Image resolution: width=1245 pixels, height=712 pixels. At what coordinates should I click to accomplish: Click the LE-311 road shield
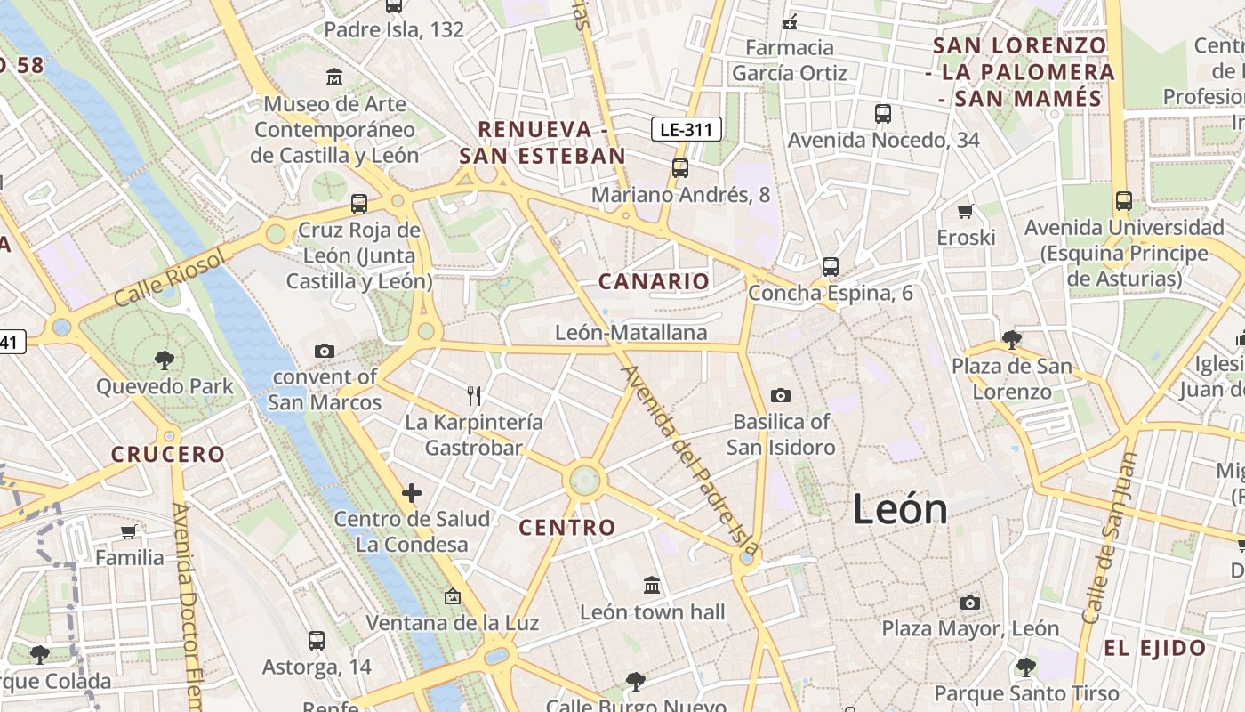click(x=686, y=129)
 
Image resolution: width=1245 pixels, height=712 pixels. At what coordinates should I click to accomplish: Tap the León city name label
click(x=900, y=509)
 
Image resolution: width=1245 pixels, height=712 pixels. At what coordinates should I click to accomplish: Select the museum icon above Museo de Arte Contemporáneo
click(x=334, y=77)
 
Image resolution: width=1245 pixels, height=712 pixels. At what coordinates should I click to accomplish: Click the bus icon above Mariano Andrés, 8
click(x=680, y=167)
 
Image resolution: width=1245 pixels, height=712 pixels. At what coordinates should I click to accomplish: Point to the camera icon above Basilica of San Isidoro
click(x=781, y=395)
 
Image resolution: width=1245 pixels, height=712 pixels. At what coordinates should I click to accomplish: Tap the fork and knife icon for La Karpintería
click(x=474, y=396)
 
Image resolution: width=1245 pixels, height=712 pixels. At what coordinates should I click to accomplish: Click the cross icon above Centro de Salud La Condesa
click(x=412, y=492)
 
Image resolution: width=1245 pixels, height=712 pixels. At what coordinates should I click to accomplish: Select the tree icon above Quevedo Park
click(x=165, y=360)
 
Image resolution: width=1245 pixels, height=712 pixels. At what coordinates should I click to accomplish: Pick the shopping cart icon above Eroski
click(x=966, y=211)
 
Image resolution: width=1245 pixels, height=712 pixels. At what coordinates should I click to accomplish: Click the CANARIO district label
click(x=655, y=281)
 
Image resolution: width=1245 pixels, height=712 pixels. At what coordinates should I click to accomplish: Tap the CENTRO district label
click(x=567, y=527)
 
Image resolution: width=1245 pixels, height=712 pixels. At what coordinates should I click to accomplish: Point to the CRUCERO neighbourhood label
click(x=168, y=454)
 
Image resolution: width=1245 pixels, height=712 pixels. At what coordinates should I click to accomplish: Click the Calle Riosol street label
click(x=170, y=278)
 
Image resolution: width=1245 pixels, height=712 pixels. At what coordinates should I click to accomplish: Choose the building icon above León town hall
click(x=652, y=586)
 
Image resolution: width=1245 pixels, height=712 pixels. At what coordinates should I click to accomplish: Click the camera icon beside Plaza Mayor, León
click(x=970, y=603)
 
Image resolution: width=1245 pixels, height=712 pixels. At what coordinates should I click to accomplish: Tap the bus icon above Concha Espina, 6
click(x=831, y=266)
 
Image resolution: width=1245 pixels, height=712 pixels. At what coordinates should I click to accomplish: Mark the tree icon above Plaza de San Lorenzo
click(x=1011, y=339)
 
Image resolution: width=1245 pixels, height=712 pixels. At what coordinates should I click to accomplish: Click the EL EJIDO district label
click(x=1155, y=648)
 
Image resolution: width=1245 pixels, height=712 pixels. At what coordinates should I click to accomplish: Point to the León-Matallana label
click(x=631, y=333)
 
